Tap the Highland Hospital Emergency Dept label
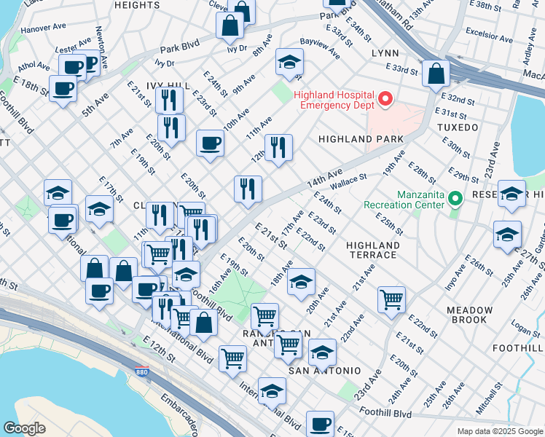[x=334, y=101]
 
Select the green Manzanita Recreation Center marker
[x=455, y=198]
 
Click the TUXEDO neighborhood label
[x=458, y=127]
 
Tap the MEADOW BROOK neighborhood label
[x=467, y=315]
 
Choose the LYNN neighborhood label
[x=385, y=54]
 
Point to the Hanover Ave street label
[x=43, y=30]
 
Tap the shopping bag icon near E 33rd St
[x=435, y=74]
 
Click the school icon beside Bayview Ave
[x=289, y=63]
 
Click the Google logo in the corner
[x=24, y=428]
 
